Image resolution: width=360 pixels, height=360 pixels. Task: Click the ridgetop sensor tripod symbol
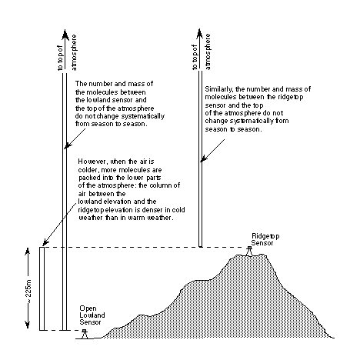(249, 251)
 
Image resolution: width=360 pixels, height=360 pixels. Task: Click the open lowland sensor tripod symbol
(85, 334)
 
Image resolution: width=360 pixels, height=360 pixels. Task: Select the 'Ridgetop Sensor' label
(265, 239)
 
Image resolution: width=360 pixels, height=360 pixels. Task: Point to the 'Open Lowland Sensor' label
(92, 315)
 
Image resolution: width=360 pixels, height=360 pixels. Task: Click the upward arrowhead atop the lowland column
(65, 35)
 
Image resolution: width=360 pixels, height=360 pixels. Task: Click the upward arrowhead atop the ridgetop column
(200, 34)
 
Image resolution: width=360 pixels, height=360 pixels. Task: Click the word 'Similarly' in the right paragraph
(218, 89)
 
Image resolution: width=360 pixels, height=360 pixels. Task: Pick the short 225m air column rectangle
(42, 288)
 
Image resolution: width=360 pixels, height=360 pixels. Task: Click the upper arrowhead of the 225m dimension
(28, 252)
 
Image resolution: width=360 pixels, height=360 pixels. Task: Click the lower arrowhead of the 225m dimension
(28, 324)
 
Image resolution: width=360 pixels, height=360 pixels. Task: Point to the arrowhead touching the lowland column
(67, 145)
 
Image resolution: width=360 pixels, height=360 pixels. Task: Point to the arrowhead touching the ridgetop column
(203, 158)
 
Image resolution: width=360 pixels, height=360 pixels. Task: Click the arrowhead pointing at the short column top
(45, 242)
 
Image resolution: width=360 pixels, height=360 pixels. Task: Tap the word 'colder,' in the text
(88, 170)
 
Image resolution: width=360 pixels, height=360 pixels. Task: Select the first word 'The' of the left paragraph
(80, 84)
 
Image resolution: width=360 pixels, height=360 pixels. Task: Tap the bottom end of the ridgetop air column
(201, 247)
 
